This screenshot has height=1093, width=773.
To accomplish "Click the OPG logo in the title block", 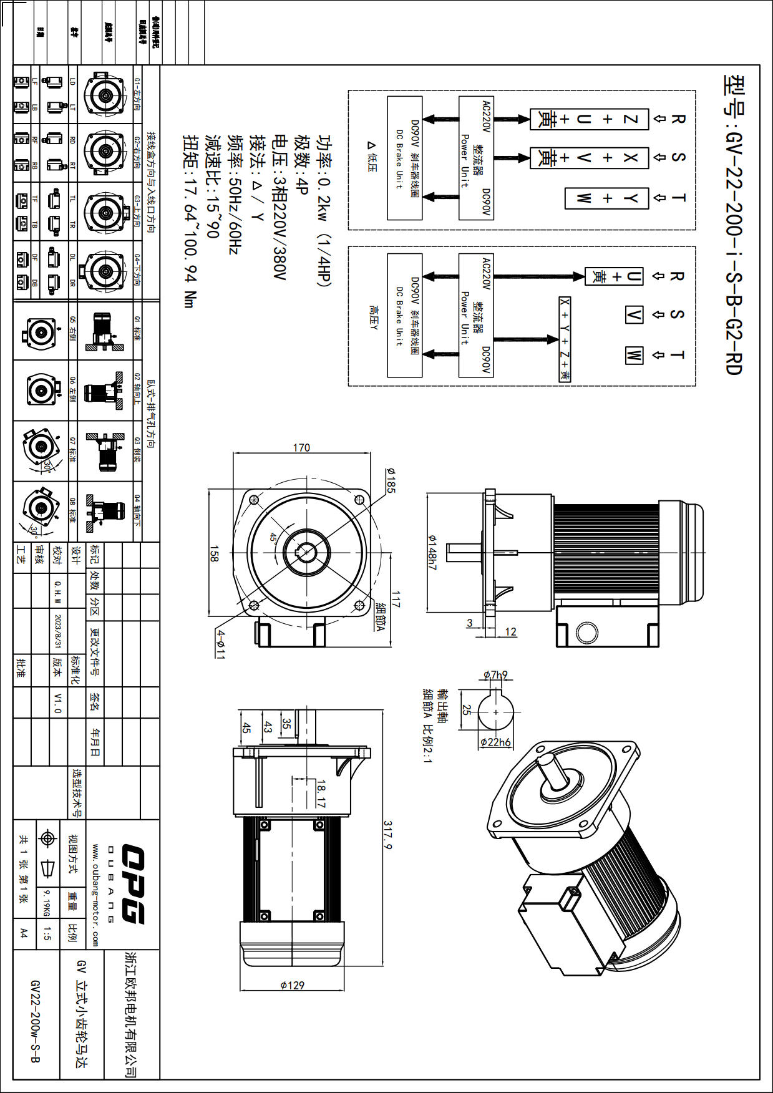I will (132, 884).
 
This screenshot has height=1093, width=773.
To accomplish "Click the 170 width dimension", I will (301, 447).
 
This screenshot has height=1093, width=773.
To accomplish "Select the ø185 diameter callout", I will (391, 480).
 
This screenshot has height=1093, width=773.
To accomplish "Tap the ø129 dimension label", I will (292, 985).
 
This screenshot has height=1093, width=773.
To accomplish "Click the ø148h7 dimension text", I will (432, 552).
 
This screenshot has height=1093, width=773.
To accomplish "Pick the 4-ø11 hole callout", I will (220, 644).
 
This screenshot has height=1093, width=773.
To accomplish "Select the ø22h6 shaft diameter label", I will (496, 742).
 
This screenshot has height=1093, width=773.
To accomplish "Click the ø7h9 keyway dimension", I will (496, 674).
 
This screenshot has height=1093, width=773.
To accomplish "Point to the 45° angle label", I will (274, 537).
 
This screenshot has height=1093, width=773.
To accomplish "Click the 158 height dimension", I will (214, 554).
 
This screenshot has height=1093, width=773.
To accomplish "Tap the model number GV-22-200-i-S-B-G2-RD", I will (734, 225).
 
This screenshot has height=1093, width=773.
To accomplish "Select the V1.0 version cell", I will (58, 702).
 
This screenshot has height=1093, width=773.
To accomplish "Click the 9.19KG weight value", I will (46, 903).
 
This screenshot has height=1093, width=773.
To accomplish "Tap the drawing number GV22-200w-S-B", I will (36, 1021).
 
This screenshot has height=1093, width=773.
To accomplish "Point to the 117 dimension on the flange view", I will (396, 599).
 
